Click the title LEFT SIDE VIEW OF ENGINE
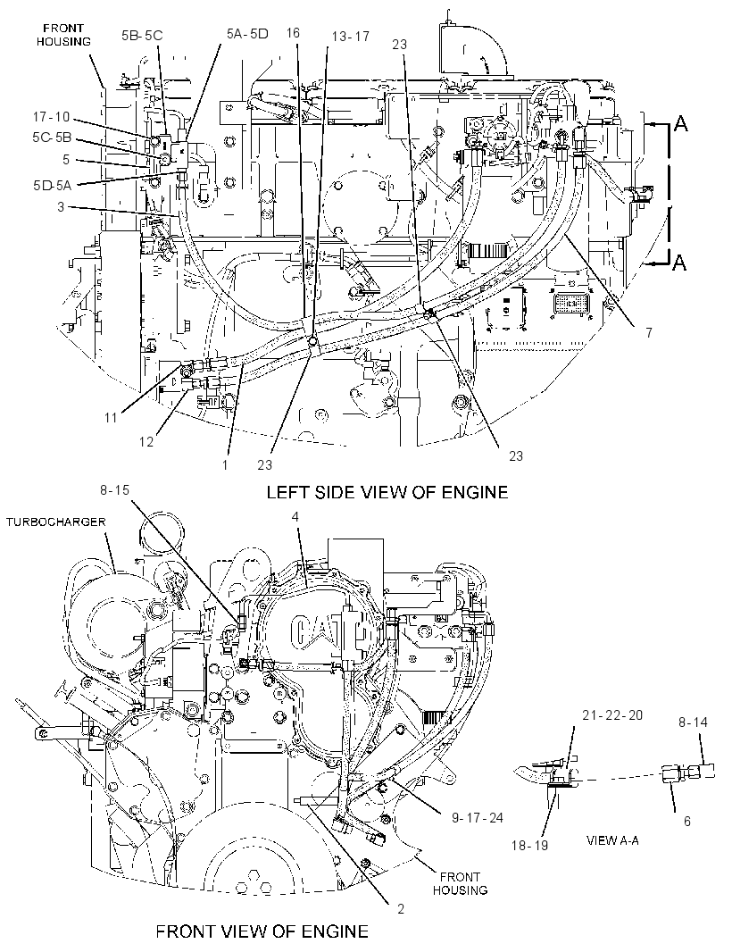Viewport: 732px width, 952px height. [x=387, y=492]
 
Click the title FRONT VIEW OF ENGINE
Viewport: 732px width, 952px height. [x=262, y=931]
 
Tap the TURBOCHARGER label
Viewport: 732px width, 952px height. [x=56, y=522]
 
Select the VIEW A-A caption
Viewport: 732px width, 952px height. [x=612, y=841]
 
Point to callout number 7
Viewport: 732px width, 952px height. [x=649, y=333]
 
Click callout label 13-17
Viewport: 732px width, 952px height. [x=350, y=37]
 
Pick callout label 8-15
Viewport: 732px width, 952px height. [x=115, y=489]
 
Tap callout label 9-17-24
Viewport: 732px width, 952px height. [x=477, y=818]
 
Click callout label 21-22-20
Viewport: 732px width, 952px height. [x=611, y=715]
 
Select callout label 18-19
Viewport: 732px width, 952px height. [x=529, y=845]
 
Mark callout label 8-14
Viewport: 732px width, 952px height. [x=693, y=722]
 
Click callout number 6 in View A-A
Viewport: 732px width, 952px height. [x=687, y=821]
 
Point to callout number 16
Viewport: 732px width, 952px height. [x=293, y=33]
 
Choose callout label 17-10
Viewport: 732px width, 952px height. [x=52, y=117]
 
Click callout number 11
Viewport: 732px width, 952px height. [x=110, y=418]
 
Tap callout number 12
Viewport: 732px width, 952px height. [x=146, y=442]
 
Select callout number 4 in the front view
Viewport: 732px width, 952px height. [x=295, y=517]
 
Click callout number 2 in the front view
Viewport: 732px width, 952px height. [x=400, y=909]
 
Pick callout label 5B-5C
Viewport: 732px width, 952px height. [x=141, y=35]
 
